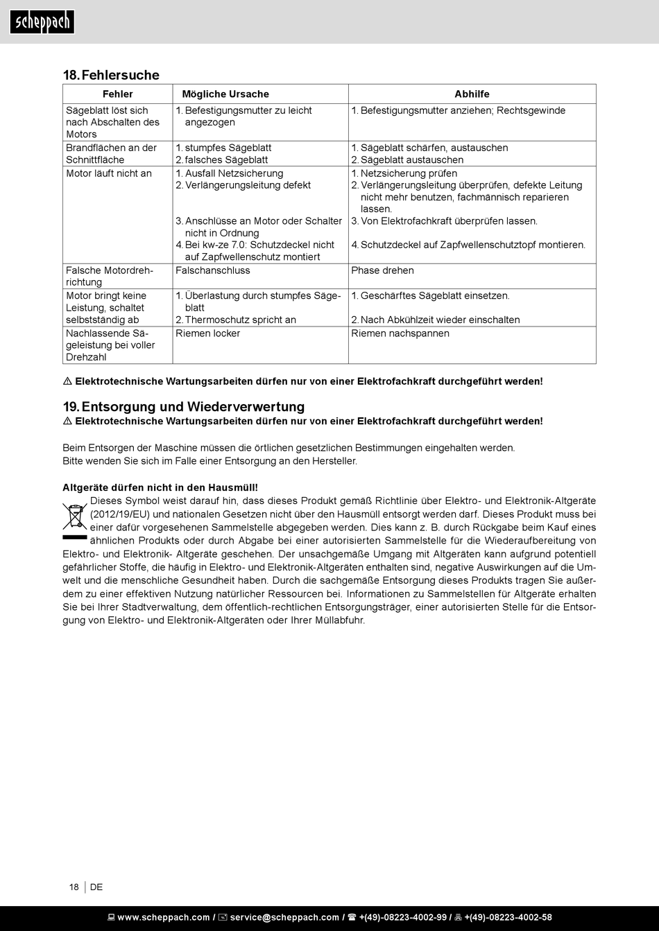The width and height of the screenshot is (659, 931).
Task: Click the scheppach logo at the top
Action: coord(42,22)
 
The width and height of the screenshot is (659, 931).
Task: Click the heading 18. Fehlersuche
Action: coord(111,75)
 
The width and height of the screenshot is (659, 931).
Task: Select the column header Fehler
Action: coord(117,94)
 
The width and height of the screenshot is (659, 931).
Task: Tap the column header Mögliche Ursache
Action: coord(225,94)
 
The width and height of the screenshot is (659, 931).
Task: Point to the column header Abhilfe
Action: coord(472,94)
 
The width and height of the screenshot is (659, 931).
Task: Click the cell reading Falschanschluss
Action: coord(213,270)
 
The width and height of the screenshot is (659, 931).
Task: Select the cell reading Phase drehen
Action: coord(382,270)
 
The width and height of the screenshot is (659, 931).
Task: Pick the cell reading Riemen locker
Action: coord(207,333)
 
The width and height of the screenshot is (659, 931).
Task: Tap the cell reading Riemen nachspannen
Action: coord(400,333)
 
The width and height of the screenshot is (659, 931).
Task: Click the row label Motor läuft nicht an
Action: coord(109,173)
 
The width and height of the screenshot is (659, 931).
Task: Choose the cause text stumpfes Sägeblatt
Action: coord(228,148)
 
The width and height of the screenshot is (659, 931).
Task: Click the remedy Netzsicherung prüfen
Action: coord(409,173)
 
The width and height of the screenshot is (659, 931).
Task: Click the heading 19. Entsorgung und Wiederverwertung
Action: coord(184,407)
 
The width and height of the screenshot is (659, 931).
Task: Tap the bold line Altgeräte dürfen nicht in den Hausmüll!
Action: coord(160,487)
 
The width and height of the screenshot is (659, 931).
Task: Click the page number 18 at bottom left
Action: coord(74,887)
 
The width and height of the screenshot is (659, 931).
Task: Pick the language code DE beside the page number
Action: coord(96,887)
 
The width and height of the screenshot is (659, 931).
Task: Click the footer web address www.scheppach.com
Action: coord(163,918)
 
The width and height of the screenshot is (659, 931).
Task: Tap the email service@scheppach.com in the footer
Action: coord(284,918)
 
